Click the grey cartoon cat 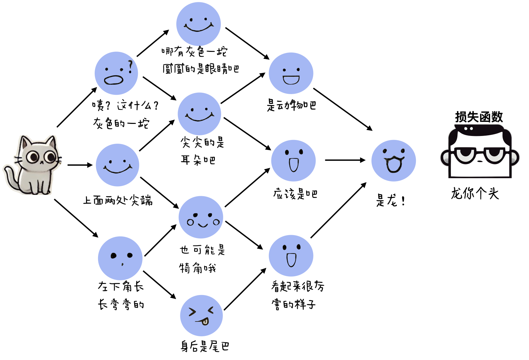click(33, 165)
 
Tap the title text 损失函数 click(479, 117)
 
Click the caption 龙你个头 click(475, 194)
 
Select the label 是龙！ click(390, 201)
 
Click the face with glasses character click(479, 152)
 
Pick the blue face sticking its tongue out click(201, 315)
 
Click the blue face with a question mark click(116, 73)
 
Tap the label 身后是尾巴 click(205, 346)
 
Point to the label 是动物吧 click(291, 105)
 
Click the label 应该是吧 click(295, 194)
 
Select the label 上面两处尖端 click(118, 200)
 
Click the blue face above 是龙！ click(393, 161)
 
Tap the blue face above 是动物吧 click(291, 73)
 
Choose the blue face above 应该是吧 click(293, 161)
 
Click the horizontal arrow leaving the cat click(80, 165)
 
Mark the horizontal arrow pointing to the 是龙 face click(345, 160)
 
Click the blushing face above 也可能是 click(201, 217)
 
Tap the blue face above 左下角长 click(120, 258)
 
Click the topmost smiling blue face click(198, 24)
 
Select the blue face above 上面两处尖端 click(117, 165)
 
